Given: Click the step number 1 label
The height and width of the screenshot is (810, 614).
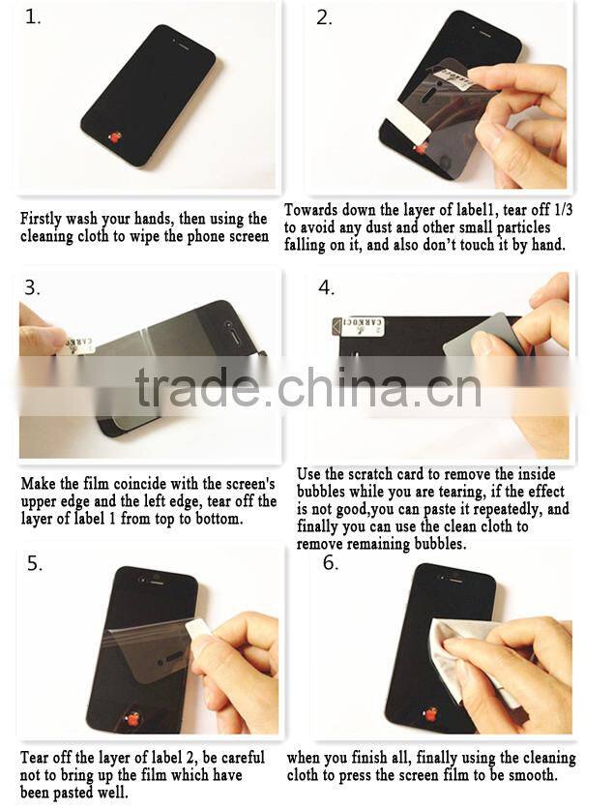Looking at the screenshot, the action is tap(33, 17).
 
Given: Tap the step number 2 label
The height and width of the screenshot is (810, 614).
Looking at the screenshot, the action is tap(324, 18).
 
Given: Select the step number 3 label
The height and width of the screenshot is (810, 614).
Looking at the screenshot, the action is tap(32, 287).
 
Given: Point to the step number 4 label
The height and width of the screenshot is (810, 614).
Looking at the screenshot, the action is tap(326, 287).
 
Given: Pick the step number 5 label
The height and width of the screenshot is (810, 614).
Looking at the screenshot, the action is tap(35, 563).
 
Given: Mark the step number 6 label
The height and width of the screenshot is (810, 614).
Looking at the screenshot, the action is tap(331, 562).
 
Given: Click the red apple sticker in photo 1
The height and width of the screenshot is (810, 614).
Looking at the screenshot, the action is tap(114, 136).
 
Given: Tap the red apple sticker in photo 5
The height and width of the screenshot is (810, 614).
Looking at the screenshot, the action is tap(133, 719).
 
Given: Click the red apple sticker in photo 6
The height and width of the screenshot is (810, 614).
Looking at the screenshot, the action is tap(429, 714).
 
